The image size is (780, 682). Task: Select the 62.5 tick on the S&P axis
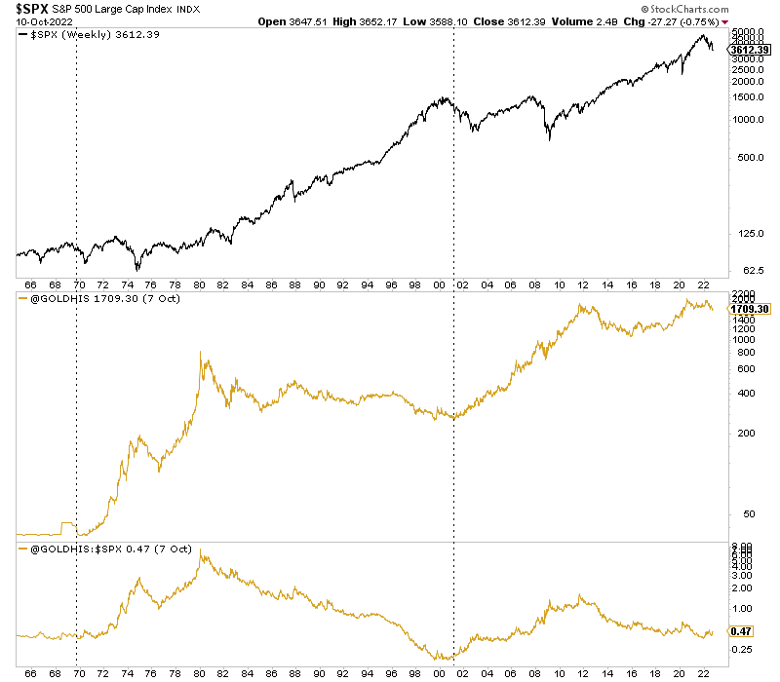tap(745, 269)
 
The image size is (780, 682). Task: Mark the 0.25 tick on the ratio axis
tap(743, 649)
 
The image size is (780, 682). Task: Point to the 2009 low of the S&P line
tap(549, 140)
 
